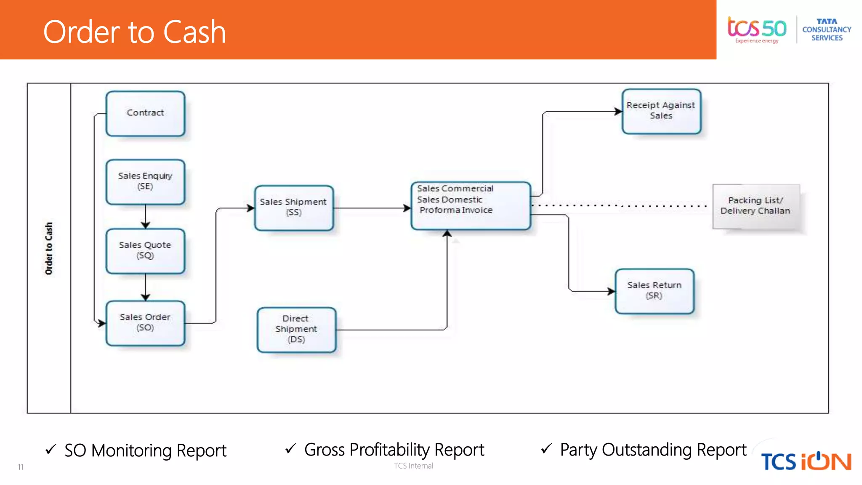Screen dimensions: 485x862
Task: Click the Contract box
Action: (145, 113)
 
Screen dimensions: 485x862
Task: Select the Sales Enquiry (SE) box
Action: (145, 181)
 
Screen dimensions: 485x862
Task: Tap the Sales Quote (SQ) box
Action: (145, 251)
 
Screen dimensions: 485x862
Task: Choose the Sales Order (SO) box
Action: (145, 323)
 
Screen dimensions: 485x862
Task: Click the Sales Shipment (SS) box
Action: (293, 208)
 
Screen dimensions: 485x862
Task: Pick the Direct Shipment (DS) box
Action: (296, 330)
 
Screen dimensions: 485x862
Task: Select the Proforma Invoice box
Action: (470, 206)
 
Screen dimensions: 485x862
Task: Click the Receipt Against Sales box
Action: (661, 111)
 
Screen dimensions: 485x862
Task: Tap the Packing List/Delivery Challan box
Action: (756, 206)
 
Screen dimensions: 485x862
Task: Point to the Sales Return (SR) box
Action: (654, 291)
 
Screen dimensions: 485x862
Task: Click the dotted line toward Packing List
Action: (619, 206)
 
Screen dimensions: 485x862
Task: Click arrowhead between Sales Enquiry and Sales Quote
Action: (145, 225)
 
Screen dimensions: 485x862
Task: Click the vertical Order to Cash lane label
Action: (49, 248)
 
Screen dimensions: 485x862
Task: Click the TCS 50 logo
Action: (756, 29)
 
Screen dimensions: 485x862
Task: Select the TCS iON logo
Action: (806, 461)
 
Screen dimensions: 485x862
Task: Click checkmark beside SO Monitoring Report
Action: (51, 450)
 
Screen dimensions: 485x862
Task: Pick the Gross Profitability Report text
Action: (394, 450)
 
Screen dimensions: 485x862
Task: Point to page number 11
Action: (20, 467)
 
